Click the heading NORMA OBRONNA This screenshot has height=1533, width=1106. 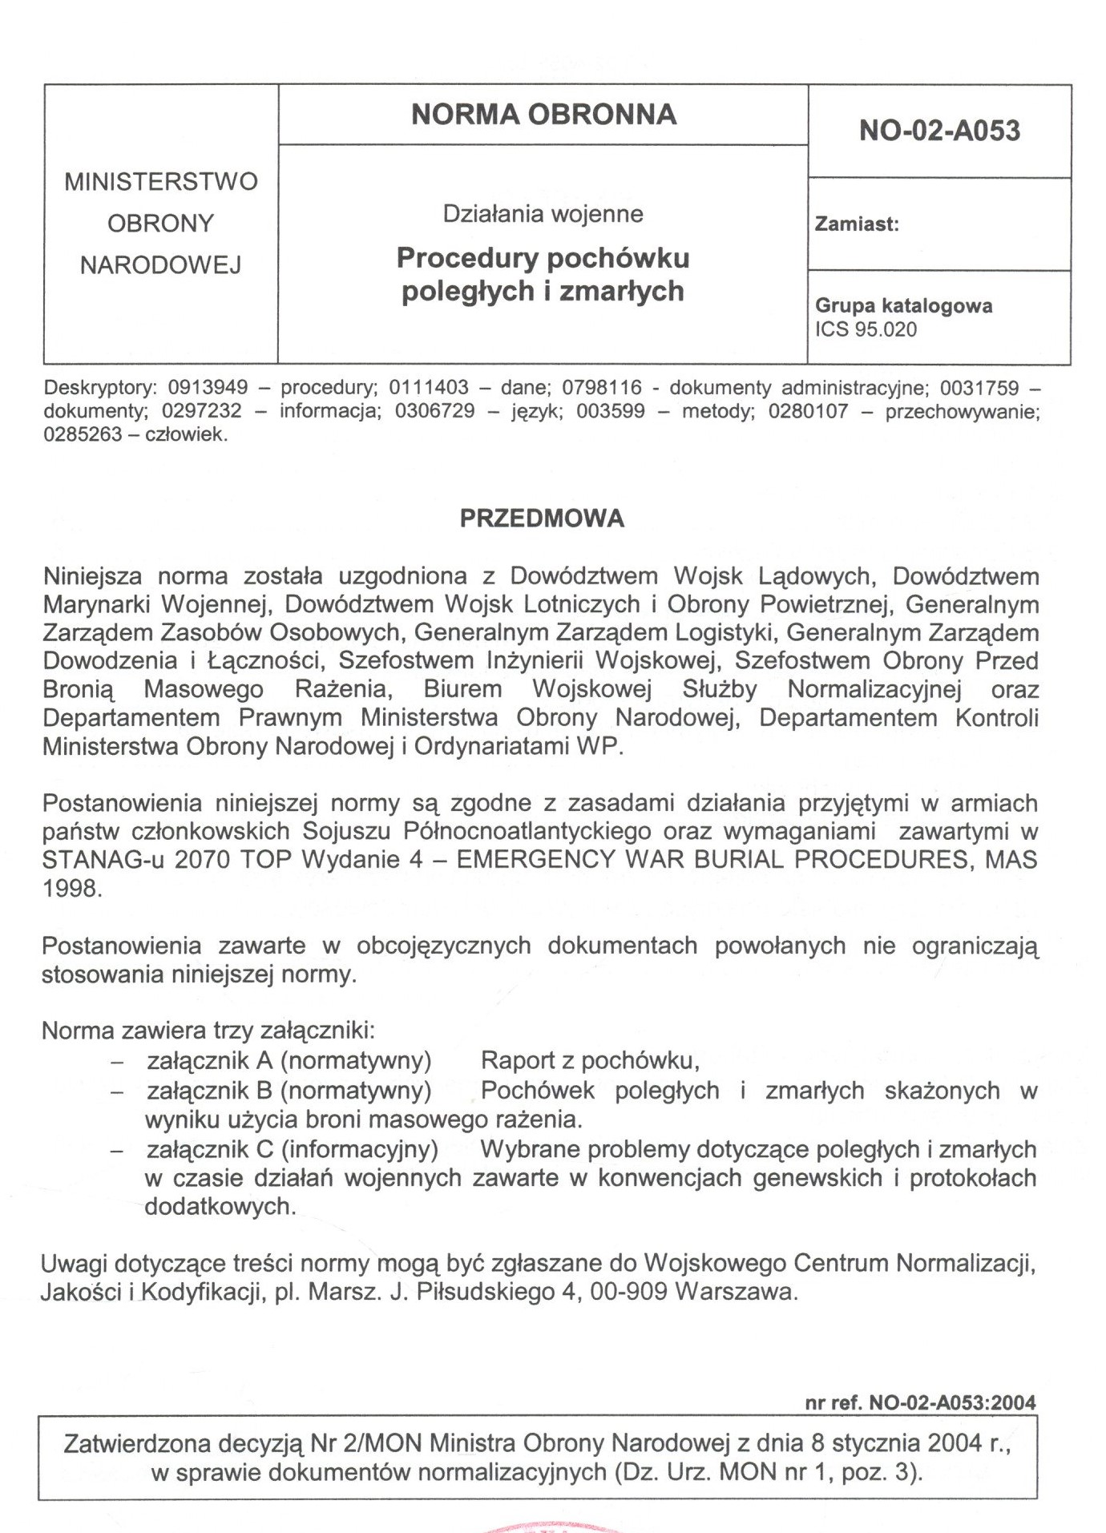pyautogui.click(x=543, y=115)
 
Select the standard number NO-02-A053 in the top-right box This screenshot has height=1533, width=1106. pyautogui.click(x=939, y=131)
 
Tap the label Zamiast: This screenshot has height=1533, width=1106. pyautogui.click(x=857, y=225)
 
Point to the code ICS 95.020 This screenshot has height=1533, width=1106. pyautogui.click(x=866, y=330)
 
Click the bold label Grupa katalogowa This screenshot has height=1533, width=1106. pyautogui.click(x=903, y=306)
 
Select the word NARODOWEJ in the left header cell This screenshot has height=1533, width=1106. pyautogui.click(x=160, y=265)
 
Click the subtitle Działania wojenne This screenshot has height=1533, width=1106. pyautogui.click(x=543, y=215)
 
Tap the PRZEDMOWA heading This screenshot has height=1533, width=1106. pyautogui.click(x=542, y=519)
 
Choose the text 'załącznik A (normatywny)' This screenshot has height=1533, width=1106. pyautogui.click(x=289, y=1061)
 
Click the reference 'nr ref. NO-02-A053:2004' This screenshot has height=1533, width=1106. pyautogui.click(x=920, y=1402)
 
